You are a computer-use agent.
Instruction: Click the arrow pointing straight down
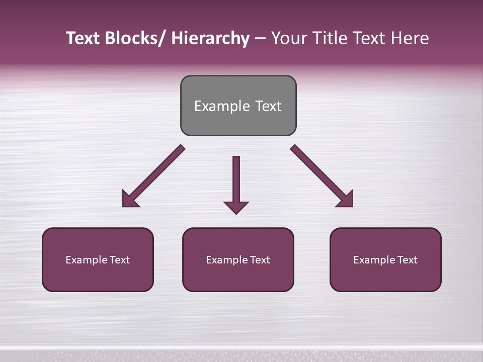coord(236,181)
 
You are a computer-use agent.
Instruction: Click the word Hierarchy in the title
coord(210,38)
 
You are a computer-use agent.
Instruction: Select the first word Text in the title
coord(83,38)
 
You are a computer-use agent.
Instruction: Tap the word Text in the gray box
coord(268,106)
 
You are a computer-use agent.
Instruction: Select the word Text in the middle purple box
coord(259,260)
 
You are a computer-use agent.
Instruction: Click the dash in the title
coord(260,39)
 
